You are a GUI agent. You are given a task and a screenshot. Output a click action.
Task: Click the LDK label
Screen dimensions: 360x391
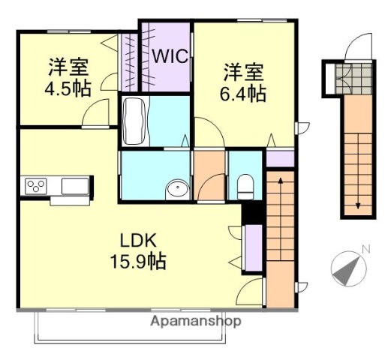(x=139, y=241)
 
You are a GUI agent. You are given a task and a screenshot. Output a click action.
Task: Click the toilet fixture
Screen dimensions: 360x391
(x=245, y=186)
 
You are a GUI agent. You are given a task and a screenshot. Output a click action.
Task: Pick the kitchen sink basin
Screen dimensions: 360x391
(x=75, y=185)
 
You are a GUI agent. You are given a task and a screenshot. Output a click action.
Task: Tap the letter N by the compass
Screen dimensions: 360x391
(x=366, y=249)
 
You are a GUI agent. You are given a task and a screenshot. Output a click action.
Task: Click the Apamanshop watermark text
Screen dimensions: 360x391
(x=196, y=321)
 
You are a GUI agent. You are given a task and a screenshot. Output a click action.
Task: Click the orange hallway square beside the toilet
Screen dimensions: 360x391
(x=209, y=175)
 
